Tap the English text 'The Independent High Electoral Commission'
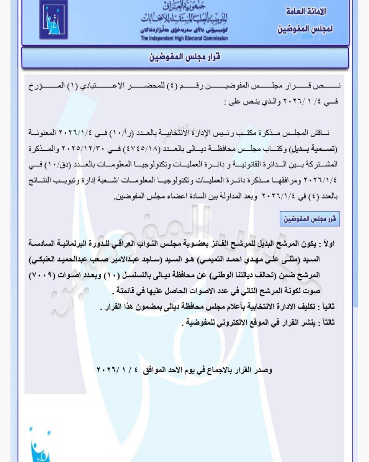[184, 38]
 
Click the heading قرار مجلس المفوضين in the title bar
[185, 58]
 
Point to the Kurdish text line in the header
[184, 30]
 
